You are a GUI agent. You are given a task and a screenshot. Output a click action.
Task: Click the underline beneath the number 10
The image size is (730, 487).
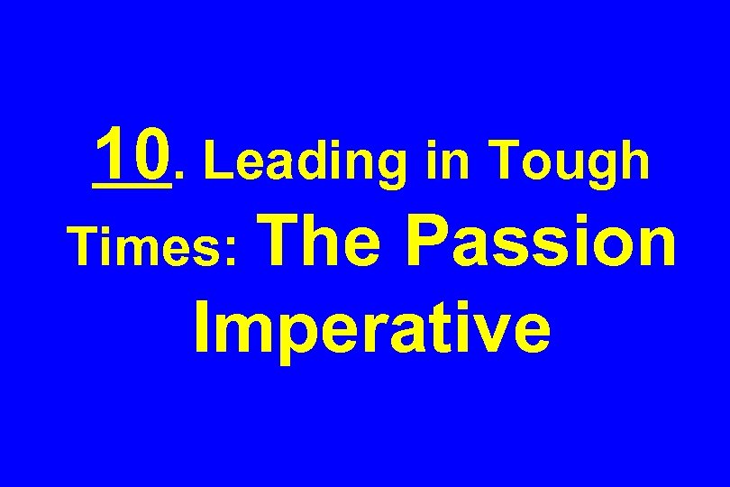coord(131,188)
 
